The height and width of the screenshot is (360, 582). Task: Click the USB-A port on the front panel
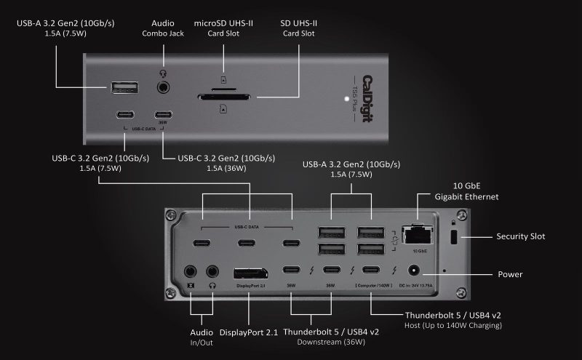[124, 88]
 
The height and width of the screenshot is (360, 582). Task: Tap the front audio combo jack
[164, 88]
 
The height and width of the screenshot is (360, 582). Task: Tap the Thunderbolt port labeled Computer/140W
[373, 271]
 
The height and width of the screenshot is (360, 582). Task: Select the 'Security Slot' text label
[520, 236]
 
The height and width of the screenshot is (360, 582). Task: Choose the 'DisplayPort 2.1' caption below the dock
[249, 332]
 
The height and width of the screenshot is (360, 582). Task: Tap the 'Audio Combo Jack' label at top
[164, 28]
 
